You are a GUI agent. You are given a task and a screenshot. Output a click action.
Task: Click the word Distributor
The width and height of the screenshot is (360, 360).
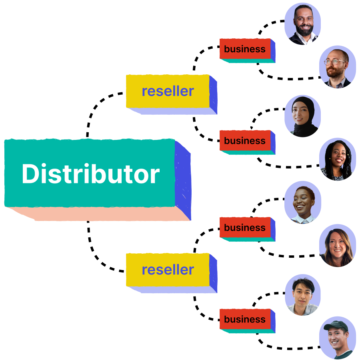point(90,174)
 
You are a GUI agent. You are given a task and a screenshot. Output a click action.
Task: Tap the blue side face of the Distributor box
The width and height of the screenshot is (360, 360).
point(183,180)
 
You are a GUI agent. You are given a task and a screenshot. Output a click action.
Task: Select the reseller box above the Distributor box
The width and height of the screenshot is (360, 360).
point(168,91)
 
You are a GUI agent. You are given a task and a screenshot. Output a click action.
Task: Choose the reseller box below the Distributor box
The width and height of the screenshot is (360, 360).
point(168,270)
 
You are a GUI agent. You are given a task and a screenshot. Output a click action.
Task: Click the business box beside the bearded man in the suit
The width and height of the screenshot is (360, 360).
point(245,49)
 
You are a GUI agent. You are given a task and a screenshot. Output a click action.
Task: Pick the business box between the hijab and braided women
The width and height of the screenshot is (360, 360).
point(245,141)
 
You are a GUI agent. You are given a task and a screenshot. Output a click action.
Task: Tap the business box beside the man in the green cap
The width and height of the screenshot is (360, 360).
point(245,319)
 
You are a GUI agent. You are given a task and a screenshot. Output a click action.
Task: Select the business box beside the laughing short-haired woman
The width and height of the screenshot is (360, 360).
point(245,228)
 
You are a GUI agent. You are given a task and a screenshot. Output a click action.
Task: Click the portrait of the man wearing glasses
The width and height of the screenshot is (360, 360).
point(337,67)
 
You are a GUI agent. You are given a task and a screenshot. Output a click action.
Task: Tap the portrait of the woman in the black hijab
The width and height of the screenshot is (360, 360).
point(302,116)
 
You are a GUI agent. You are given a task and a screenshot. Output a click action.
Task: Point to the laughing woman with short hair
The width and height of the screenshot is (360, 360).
point(302,202)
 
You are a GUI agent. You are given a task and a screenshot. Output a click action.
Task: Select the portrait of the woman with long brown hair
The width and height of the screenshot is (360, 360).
point(337,246)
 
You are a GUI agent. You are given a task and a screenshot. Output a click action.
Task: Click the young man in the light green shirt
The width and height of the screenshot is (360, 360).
point(302,295)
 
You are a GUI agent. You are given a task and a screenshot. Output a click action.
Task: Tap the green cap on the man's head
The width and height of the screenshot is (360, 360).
point(334,326)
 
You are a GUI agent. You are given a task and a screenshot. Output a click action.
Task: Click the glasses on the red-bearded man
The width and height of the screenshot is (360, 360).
point(334,62)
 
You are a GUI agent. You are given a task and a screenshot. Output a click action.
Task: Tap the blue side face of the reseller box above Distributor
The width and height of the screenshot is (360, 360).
point(213,94)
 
